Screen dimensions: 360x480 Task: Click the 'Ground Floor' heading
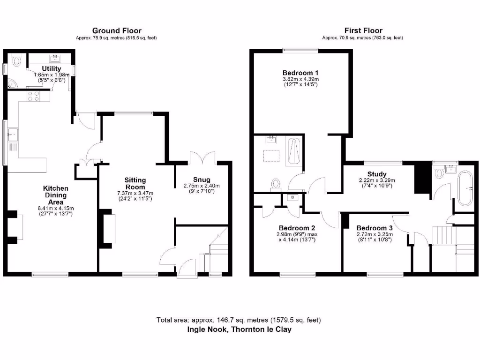(x=116, y=31)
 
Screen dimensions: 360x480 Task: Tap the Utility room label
(x=52, y=68)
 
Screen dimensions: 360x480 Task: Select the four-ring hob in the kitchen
(x=34, y=96)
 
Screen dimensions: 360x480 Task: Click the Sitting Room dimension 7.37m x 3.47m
(x=135, y=193)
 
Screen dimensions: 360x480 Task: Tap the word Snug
(x=202, y=180)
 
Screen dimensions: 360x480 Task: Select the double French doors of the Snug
(x=202, y=158)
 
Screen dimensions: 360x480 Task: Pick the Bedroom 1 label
(x=300, y=73)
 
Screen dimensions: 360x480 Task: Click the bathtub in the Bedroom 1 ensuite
(x=294, y=151)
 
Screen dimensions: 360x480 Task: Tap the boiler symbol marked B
(x=293, y=197)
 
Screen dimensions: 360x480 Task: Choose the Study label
(x=376, y=173)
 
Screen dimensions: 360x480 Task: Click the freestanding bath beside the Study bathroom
(x=467, y=189)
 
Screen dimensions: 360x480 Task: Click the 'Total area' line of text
(x=239, y=320)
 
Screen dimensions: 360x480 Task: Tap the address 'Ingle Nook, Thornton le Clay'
(x=239, y=330)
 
